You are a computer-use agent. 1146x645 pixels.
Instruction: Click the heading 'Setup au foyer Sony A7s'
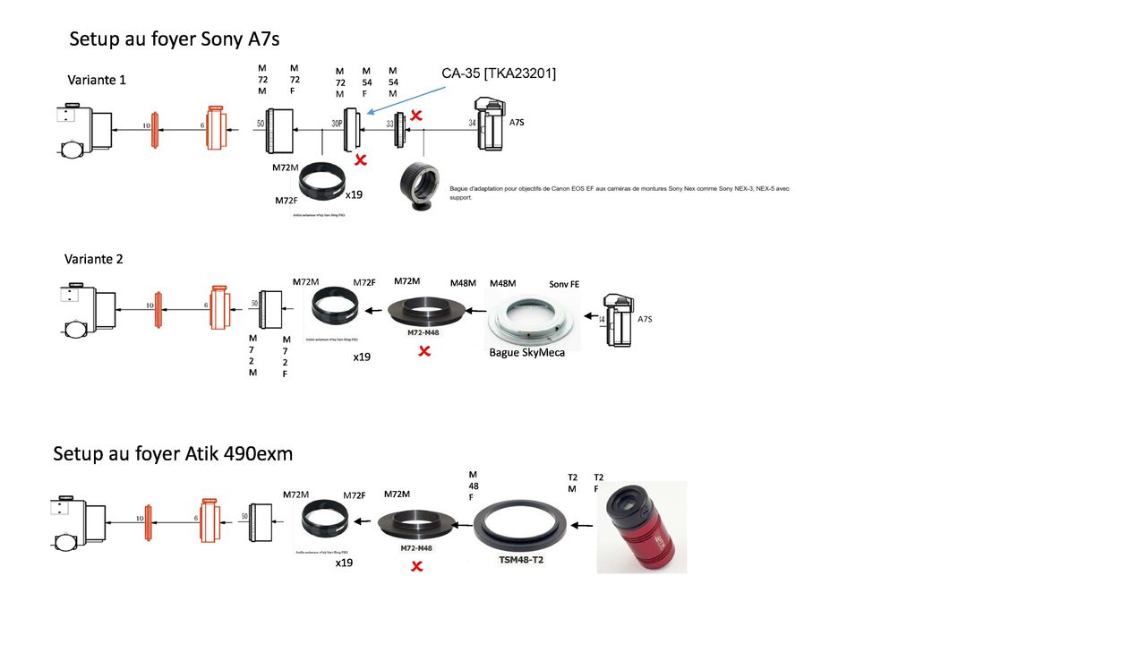click(x=175, y=39)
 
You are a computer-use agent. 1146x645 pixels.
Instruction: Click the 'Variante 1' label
click(x=97, y=80)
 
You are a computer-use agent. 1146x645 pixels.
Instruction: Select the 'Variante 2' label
click(x=94, y=259)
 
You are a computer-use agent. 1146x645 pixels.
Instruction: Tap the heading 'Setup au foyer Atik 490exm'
click(x=173, y=453)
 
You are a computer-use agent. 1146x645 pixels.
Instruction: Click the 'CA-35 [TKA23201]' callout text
click(x=499, y=73)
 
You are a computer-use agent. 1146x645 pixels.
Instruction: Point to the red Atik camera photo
click(x=641, y=527)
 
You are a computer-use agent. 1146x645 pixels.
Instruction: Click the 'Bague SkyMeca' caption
click(x=527, y=352)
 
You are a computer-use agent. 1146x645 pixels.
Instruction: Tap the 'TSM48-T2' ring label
click(x=520, y=558)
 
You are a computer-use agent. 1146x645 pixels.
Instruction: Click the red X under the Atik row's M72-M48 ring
click(x=416, y=566)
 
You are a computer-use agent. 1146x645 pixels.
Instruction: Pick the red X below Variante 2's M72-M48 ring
click(x=424, y=351)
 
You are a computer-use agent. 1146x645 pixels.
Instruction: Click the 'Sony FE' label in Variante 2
click(x=564, y=284)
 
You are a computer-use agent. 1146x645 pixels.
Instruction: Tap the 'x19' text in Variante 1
click(x=354, y=194)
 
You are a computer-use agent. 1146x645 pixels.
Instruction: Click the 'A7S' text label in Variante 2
click(x=645, y=319)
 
